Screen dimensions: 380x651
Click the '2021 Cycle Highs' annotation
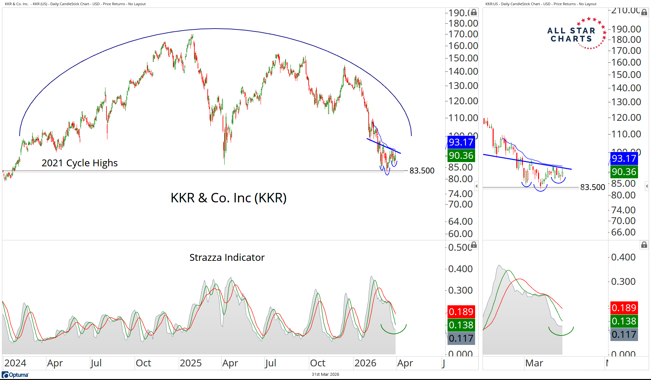[x=80, y=163]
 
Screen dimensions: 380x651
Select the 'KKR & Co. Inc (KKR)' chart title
[x=228, y=198]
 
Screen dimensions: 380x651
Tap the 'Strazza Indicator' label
[x=227, y=257]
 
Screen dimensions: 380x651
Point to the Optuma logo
[x=15, y=375]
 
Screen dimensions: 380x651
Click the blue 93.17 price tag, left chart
[x=461, y=142]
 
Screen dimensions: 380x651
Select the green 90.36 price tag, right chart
[x=624, y=172]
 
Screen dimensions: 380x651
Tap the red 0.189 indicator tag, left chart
[x=461, y=312]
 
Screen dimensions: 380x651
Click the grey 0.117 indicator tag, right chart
[x=624, y=335]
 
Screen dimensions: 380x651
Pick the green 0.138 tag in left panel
[x=461, y=325]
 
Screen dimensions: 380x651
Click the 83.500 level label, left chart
[x=422, y=171]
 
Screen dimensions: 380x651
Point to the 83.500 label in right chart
[x=593, y=187]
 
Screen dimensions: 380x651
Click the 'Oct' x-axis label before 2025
[x=143, y=363]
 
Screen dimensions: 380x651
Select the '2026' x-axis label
[x=365, y=363]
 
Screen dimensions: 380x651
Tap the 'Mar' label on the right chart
[x=534, y=363]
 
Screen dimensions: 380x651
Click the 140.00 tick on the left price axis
[x=463, y=71]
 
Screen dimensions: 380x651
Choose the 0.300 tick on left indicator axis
[x=460, y=290]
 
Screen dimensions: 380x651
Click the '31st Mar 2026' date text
[x=325, y=374]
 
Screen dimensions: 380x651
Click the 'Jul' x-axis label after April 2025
[x=270, y=363]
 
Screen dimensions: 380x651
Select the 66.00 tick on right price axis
[x=623, y=232]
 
